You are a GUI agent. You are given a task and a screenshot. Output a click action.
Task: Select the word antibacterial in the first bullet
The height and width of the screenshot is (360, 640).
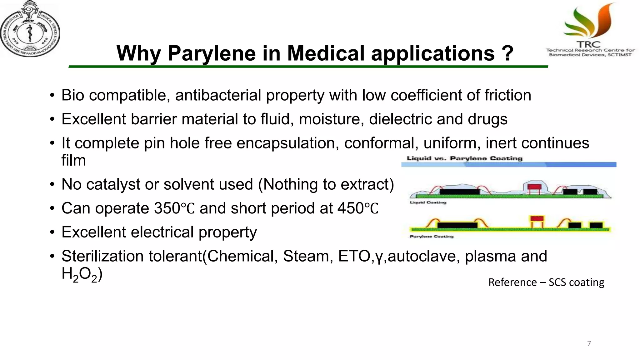(x=218, y=95)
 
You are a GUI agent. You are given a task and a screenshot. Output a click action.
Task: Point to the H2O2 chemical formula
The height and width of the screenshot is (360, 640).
(x=80, y=274)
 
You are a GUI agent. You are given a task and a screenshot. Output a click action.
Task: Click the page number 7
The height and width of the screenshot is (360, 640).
(x=589, y=344)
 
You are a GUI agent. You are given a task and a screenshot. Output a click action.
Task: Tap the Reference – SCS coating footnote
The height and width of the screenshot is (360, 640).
(x=546, y=282)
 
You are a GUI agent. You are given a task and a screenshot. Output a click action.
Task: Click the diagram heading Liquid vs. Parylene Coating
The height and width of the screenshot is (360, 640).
(x=464, y=158)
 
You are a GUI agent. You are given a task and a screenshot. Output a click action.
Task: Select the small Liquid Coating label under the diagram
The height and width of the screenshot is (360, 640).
(x=428, y=202)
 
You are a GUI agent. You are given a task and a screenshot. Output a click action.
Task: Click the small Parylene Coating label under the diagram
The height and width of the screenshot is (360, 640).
(x=432, y=237)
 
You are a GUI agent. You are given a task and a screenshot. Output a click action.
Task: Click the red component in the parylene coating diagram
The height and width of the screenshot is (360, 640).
(x=537, y=218)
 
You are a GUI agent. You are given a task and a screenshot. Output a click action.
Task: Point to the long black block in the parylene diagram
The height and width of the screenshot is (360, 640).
(x=457, y=225)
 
